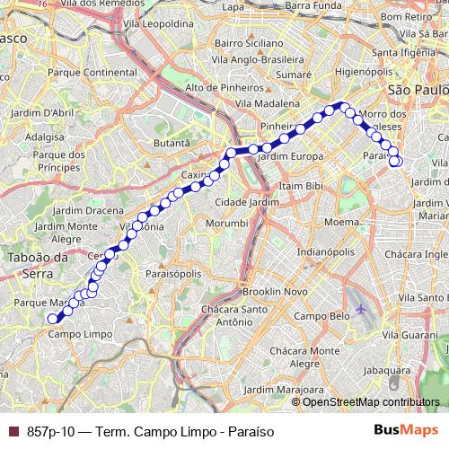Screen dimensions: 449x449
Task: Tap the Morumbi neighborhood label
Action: [224, 222]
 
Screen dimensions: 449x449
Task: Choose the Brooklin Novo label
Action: [274, 292]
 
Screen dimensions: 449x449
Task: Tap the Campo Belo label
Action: [321, 317]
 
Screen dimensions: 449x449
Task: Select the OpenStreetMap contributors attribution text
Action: [370, 401]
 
